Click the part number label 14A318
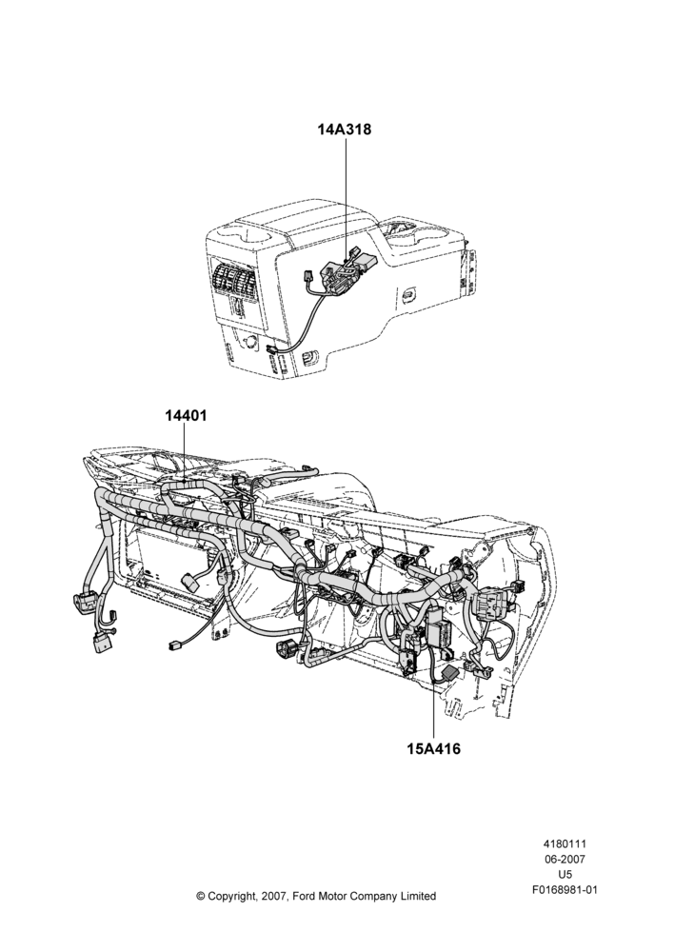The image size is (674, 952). [x=345, y=129]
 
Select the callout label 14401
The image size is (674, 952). [x=186, y=416]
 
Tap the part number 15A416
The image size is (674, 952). [x=433, y=748]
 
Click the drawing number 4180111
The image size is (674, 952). [x=565, y=843]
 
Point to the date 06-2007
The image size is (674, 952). [x=565, y=859]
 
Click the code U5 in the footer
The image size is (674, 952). [x=565, y=875]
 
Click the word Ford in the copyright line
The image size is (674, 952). [x=305, y=896]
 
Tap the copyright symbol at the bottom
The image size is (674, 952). [x=201, y=896]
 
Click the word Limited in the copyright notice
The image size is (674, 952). [x=417, y=896]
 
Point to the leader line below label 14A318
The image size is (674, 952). [x=347, y=199]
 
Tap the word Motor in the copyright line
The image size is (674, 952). [x=334, y=896]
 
